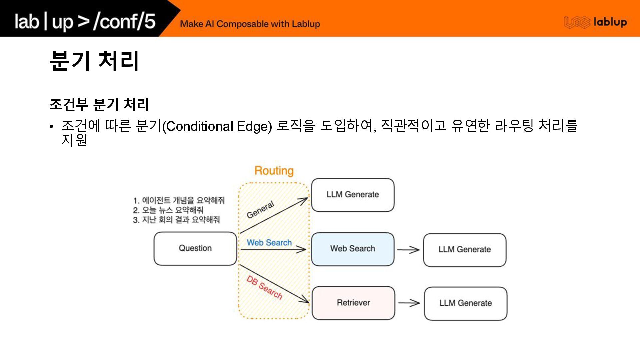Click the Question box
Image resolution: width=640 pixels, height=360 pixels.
tap(195, 248)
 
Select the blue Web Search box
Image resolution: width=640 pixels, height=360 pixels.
tap(352, 249)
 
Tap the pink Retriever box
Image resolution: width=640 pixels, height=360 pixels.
tap(353, 303)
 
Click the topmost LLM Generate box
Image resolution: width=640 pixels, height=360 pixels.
tap(353, 195)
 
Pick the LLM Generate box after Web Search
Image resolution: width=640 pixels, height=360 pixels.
tap(465, 250)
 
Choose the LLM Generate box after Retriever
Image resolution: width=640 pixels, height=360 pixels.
tap(465, 303)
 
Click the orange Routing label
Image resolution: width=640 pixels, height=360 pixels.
tap(274, 171)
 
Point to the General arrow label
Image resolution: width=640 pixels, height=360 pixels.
tap(261, 210)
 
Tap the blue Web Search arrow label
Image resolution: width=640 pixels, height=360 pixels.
tap(269, 243)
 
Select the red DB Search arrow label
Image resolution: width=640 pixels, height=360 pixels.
tap(264, 287)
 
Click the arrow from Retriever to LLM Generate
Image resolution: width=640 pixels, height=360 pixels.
tap(409, 303)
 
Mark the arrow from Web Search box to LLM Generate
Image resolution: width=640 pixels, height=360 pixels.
tap(408, 249)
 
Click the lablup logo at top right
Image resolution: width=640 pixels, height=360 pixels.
tap(595, 22)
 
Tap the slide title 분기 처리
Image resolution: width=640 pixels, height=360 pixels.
tap(94, 61)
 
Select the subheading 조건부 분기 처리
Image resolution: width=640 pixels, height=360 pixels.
tap(99, 104)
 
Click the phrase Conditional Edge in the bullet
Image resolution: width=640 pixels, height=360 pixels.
tap(217, 127)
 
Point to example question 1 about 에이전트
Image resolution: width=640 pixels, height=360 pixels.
tap(179, 200)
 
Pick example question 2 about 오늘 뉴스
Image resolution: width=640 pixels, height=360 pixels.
tap(168, 210)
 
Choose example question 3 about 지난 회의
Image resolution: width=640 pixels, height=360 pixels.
tap(176, 220)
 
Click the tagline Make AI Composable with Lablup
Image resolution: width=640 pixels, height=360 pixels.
tap(250, 24)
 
